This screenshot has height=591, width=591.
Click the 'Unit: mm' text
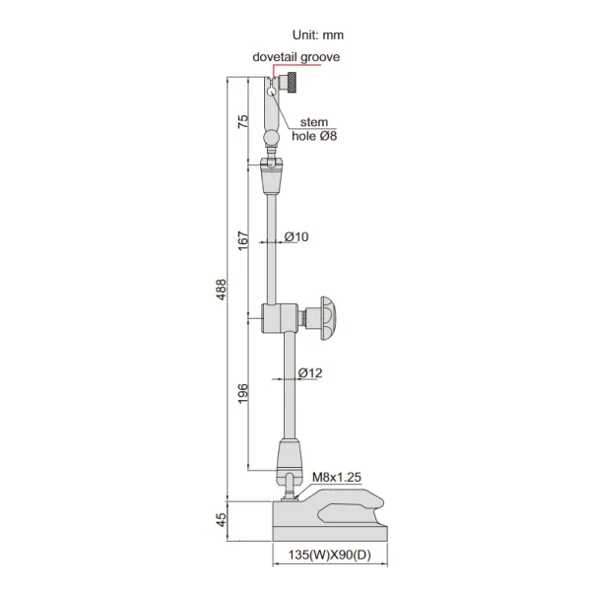[x=310, y=34]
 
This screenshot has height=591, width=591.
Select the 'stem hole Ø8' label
[x=313, y=129]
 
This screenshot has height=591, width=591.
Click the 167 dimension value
[x=243, y=239]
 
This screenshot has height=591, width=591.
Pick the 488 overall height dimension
[x=222, y=289]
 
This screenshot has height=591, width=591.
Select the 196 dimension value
[x=243, y=391]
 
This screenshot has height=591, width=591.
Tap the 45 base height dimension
[x=222, y=517]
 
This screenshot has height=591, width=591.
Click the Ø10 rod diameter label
[x=296, y=237]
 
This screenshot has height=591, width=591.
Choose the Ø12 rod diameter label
[x=310, y=373]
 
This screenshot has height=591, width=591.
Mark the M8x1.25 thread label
[x=337, y=477]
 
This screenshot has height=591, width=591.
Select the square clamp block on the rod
[x=277, y=318]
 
